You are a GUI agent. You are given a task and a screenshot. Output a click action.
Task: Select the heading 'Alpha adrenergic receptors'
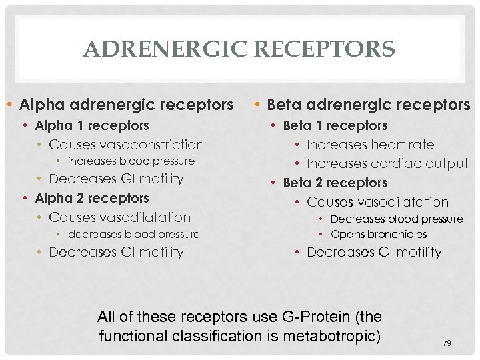pyautogui.click(x=127, y=105)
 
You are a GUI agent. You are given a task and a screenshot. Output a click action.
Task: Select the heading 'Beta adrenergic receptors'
pyautogui.click(x=368, y=105)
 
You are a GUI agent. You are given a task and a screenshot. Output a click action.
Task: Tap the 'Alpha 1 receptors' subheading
pyautogui.click(x=92, y=125)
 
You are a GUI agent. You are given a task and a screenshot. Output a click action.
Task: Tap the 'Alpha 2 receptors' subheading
pyautogui.click(x=92, y=198)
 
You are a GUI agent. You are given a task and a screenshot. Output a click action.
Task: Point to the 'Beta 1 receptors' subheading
pyautogui.click(x=335, y=125)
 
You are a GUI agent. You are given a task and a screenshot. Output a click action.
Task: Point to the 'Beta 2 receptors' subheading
pyautogui.click(x=335, y=183)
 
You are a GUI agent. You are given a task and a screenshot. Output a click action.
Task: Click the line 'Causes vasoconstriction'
pyautogui.click(x=127, y=145)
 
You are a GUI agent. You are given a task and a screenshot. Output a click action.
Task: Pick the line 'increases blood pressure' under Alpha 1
pyautogui.click(x=131, y=161)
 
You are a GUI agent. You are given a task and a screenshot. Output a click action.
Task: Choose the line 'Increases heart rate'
pyautogui.click(x=370, y=145)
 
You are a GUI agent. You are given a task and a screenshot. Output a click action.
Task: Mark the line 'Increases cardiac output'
pyautogui.click(x=387, y=163)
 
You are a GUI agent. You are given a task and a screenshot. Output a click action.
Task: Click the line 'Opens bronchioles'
pyautogui.click(x=379, y=235)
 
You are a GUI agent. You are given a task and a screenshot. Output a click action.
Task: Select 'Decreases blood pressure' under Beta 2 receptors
pyautogui.click(x=397, y=219)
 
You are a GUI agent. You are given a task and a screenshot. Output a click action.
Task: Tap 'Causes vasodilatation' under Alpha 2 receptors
pyautogui.click(x=120, y=217)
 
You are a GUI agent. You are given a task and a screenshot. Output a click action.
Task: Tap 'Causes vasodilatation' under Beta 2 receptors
pyautogui.click(x=378, y=202)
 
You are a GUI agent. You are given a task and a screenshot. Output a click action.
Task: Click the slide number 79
pyautogui.click(x=447, y=343)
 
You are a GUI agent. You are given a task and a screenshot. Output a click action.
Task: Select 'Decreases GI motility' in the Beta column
pyautogui.click(x=374, y=252)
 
